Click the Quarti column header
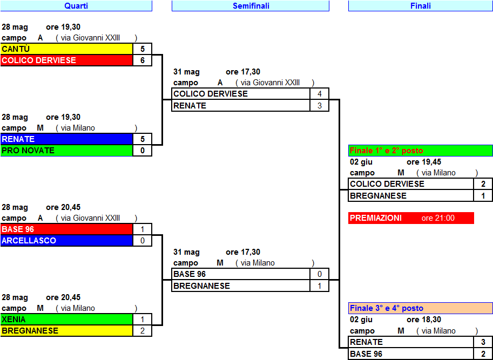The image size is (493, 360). tap(76, 5)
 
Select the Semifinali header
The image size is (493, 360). tap(251, 5)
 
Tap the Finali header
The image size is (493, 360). tap(420, 5)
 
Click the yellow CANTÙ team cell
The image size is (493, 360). tap(66, 49)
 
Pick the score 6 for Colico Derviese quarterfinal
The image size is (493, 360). tap(143, 60)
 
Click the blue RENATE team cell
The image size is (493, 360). tap(66, 139)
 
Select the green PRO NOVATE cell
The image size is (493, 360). tap(66, 151)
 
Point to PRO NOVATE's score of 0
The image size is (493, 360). tap(143, 151)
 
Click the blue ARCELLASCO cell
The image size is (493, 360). tap(66, 241)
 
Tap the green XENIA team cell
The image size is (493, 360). tap(66, 320)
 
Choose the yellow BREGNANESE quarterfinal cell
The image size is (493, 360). tap(66, 331)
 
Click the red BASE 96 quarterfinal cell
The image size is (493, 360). tap(66, 229)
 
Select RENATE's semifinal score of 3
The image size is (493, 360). tap(320, 106)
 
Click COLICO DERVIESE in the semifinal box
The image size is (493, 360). tap(241, 94)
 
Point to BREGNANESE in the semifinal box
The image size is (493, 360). tap(241, 286)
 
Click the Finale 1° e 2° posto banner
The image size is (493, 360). tap(420, 151)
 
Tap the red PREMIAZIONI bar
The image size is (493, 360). tap(411, 218)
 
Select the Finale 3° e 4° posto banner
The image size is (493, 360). tap(420, 308)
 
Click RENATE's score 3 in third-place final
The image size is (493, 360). tap(483, 342)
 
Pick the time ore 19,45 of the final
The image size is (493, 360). tap(424, 162)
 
